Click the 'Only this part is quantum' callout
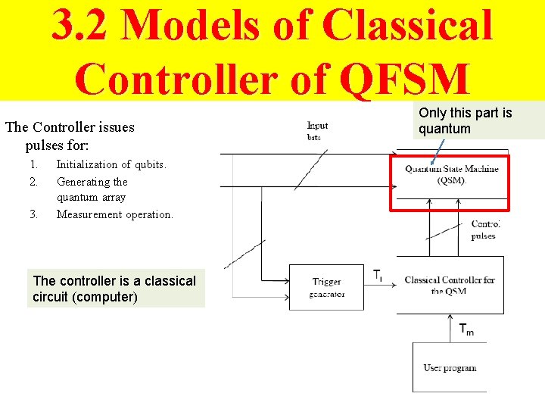point(478,120)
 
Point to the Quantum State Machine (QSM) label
point(451,174)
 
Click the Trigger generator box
point(328,287)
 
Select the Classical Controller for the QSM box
point(450,286)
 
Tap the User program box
point(449,367)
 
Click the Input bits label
point(318,131)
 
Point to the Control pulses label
point(484,229)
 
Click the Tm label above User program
point(467,329)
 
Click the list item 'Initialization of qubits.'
point(111,164)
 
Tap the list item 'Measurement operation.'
point(114,214)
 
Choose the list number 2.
point(33,182)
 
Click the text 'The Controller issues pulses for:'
point(70,135)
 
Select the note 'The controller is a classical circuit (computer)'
point(115,289)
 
